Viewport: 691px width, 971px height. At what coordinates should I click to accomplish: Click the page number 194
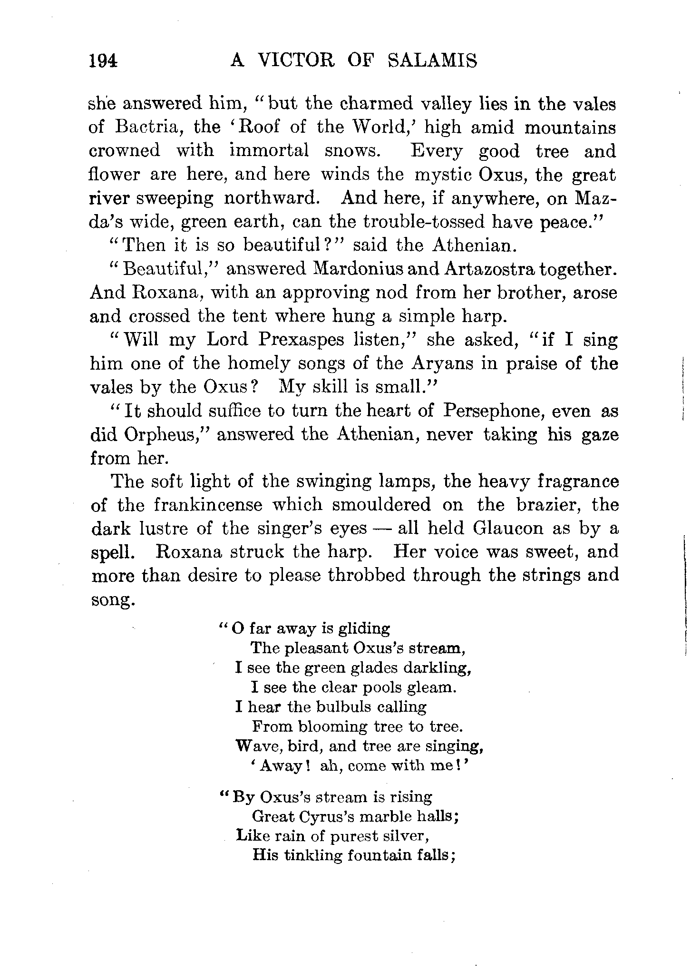click(x=103, y=61)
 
